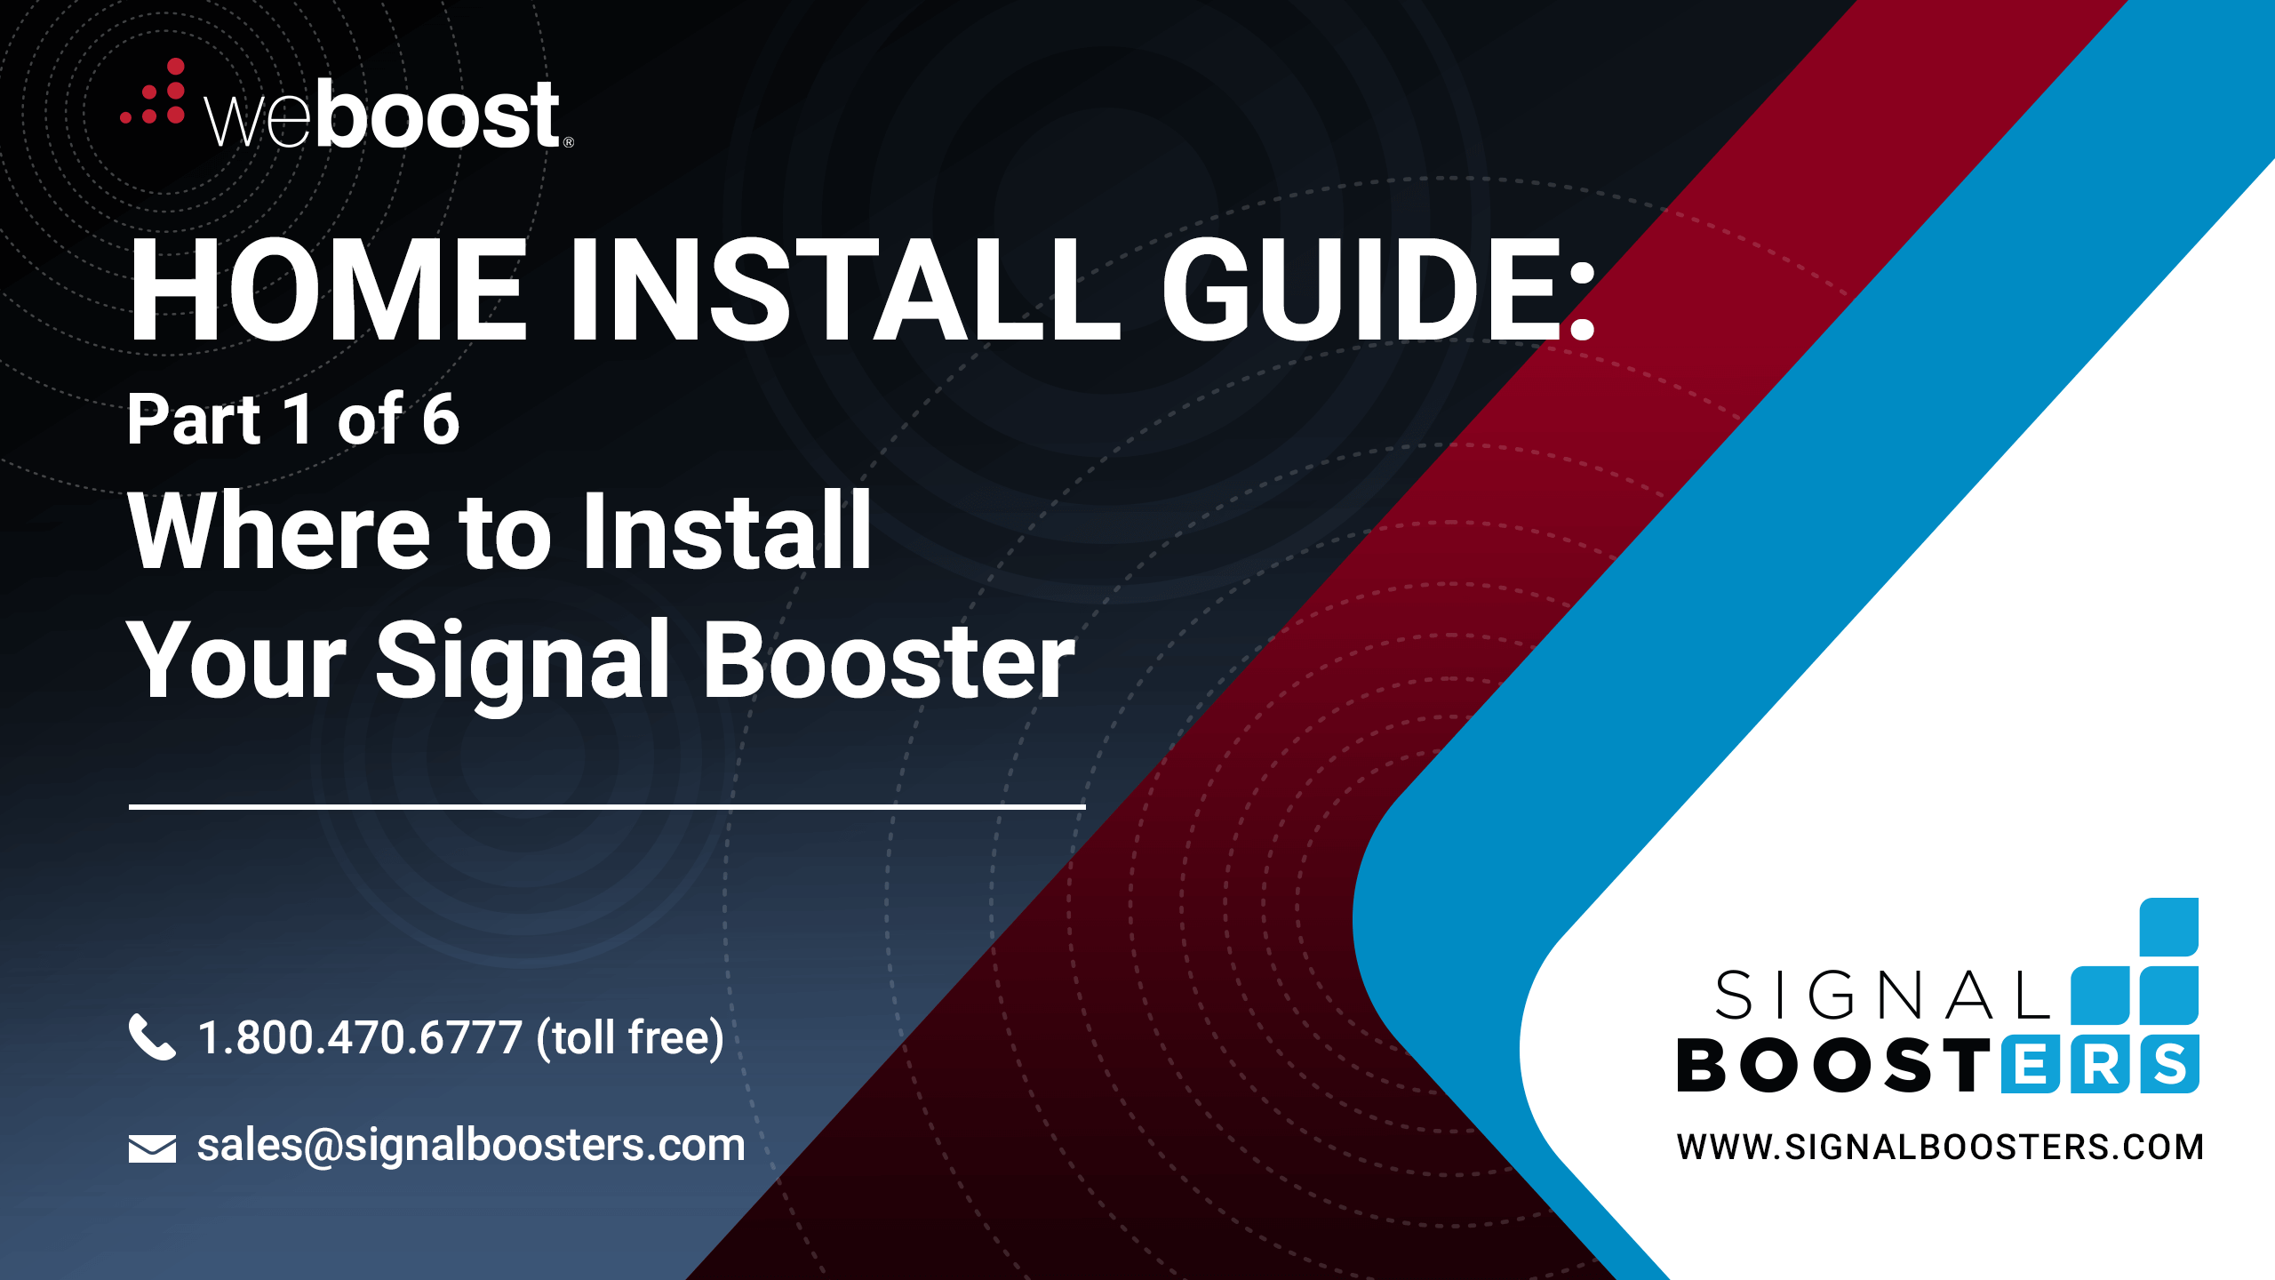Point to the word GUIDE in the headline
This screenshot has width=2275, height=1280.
1360,290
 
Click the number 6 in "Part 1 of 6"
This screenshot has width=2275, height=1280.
441,419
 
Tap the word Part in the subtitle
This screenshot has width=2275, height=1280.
195,419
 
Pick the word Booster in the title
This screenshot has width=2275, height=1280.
890,660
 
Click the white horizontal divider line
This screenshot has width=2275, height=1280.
607,807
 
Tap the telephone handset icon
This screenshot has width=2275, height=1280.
152,1036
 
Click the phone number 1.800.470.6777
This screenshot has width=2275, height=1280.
360,1037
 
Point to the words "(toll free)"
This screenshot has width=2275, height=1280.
631,1038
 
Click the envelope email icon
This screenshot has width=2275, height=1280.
152,1148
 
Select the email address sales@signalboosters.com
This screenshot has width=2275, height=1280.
471,1146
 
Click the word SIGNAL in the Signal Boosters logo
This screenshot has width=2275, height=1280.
1883,996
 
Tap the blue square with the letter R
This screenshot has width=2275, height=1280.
2100,1064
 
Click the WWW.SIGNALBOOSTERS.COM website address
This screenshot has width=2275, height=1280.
1940,1148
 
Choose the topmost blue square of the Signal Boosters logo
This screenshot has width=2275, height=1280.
2169,927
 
